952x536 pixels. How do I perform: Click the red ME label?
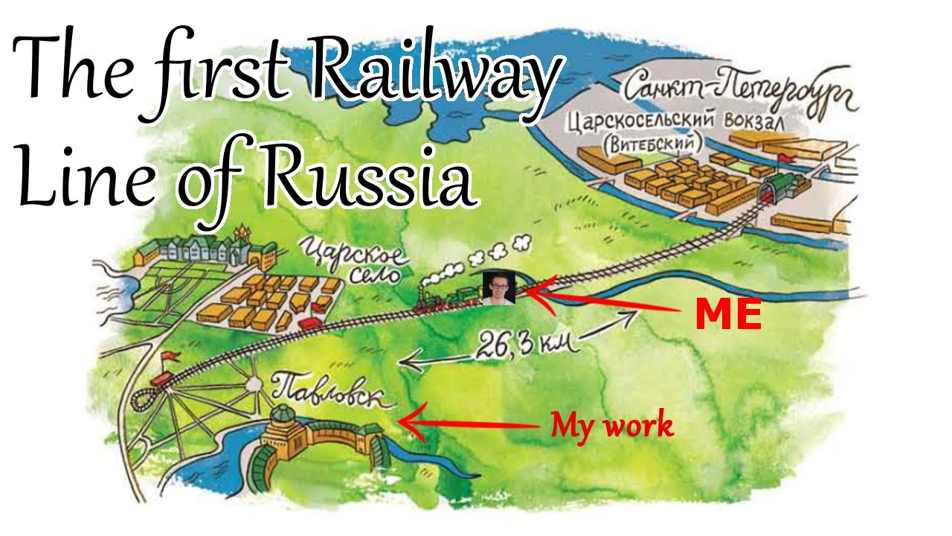[728, 316]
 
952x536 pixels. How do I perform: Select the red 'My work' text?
[611, 426]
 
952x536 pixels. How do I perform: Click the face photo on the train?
[498, 287]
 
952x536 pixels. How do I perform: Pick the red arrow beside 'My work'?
[469, 423]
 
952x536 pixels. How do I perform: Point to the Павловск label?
[332, 393]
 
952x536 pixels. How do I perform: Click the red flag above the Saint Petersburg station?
[784, 158]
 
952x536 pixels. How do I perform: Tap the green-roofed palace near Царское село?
[197, 249]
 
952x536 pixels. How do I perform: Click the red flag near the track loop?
[170, 357]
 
